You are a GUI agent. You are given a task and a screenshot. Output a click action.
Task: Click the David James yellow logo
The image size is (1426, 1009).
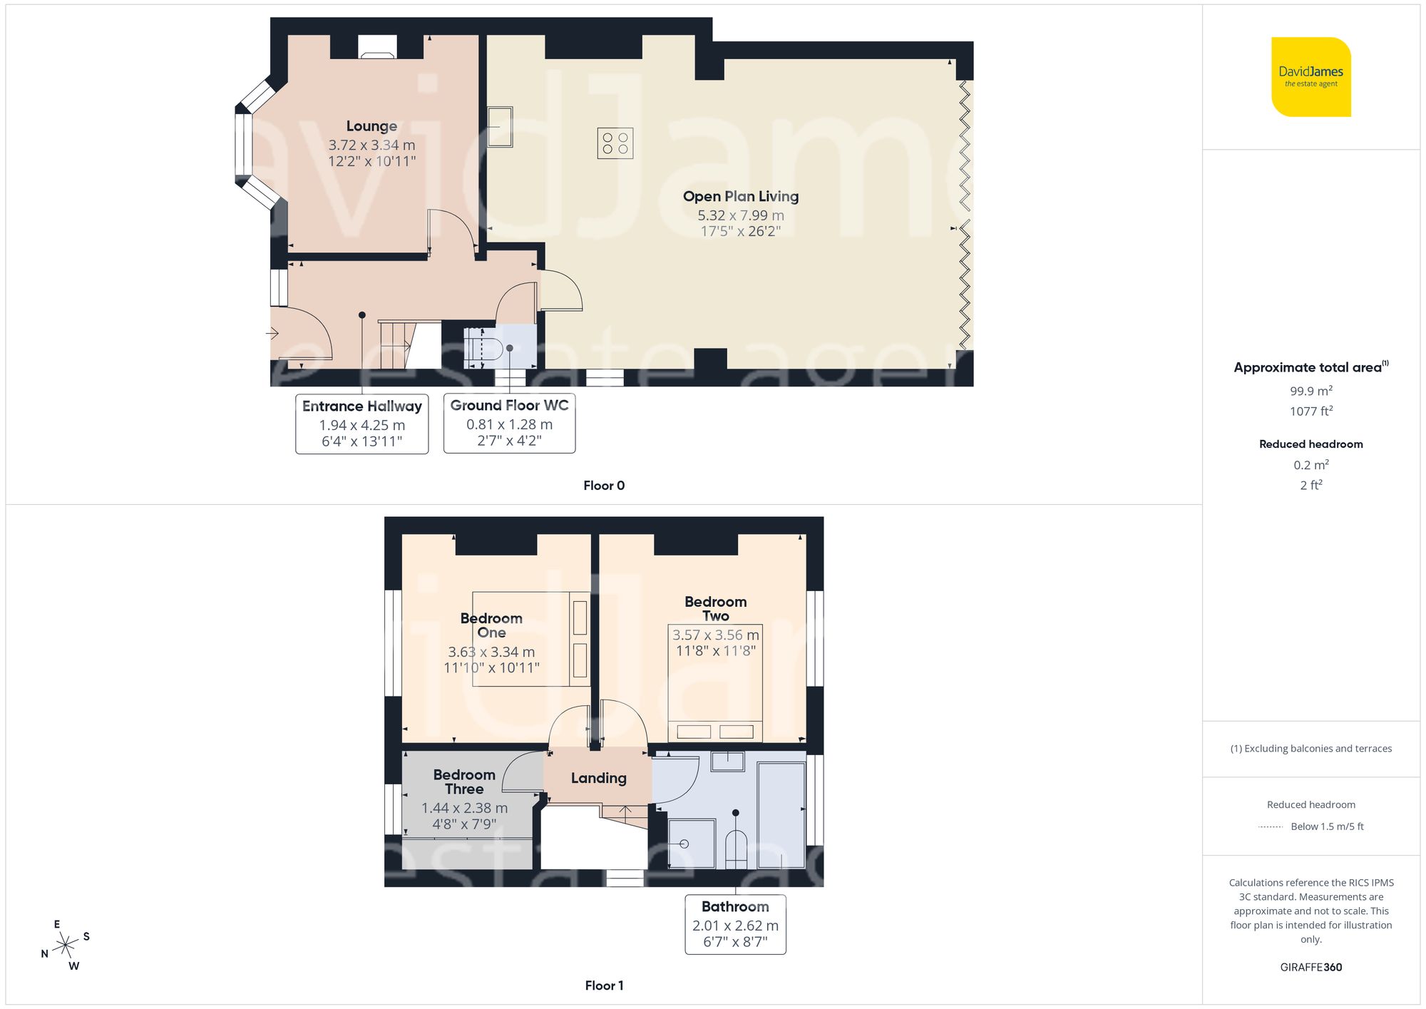pyautogui.click(x=1310, y=77)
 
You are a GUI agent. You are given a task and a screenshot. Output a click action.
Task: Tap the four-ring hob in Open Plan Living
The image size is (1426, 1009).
pyautogui.click(x=615, y=143)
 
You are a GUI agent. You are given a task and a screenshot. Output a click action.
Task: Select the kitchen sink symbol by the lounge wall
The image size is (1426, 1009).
pyautogui.click(x=500, y=127)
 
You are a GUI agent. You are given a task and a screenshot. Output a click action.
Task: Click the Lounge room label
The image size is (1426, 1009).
pyautogui.click(x=371, y=126)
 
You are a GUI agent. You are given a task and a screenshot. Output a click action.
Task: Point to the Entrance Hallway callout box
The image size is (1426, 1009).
pyautogui.click(x=362, y=424)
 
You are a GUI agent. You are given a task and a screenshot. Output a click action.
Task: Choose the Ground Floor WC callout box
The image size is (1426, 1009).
pyautogui.click(x=509, y=423)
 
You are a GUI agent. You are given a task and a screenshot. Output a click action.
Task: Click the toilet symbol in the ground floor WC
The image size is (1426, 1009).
pyautogui.click(x=485, y=349)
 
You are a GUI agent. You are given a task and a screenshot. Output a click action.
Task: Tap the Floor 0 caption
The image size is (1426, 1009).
pyautogui.click(x=603, y=486)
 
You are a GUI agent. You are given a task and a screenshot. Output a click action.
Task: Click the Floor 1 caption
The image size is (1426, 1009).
pyautogui.click(x=603, y=985)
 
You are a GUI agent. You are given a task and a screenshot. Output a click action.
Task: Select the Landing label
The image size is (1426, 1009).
pyautogui.click(x=598, y=778)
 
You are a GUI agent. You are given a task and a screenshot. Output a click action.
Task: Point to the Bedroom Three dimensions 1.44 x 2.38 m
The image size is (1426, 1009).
pyautogui.click(x=464, y=808)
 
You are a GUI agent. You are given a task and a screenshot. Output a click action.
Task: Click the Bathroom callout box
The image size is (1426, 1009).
pyautogui.click(x=735, y=924)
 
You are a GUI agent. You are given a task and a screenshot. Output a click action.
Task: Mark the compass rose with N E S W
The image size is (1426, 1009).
pyautogui.click(x=66, y=946)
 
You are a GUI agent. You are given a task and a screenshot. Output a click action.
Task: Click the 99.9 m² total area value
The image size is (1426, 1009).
pyautogui.click(x=1310, y=391)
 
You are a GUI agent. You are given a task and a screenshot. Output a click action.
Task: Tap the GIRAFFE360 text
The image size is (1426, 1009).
pyautogui.click(x=1310, y=967)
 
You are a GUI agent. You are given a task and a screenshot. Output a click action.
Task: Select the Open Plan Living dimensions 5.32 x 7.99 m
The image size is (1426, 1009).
pyautogui.click(x=740, y=215)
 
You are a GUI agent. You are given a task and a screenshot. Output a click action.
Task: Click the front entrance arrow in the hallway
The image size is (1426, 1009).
pyautogui.click(x=272, y=333)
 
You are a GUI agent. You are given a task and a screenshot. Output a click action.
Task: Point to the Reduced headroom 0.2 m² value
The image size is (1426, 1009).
pyautogui.click(x=1310, y=465)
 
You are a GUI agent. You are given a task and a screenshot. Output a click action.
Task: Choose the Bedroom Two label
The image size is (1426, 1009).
pyautogui.click(x=715, y=608)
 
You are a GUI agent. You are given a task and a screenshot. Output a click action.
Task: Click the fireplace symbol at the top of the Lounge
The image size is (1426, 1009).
pyautogui.click(x=376, y=47)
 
